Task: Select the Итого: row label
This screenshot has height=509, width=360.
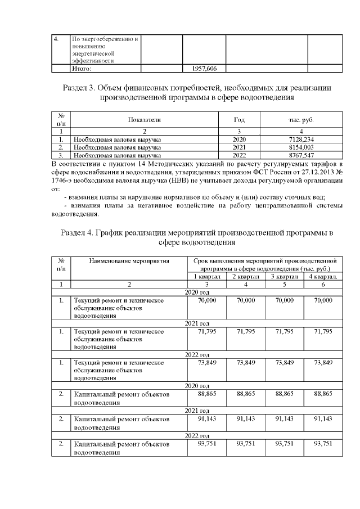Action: tap(82, 69)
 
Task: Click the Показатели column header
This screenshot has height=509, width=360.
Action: tap(144, 120)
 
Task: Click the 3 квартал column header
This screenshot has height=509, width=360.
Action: tap(284, 277)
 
